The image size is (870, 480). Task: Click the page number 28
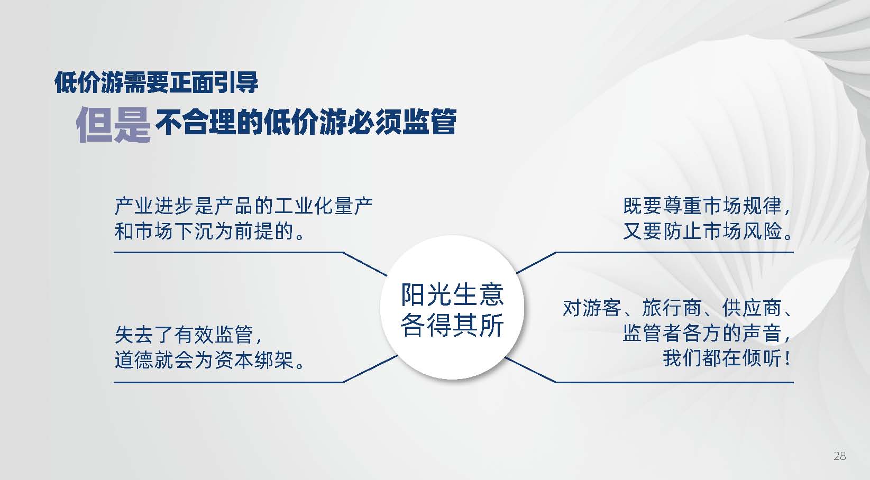[840, 456]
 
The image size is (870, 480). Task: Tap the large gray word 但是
[113, 125]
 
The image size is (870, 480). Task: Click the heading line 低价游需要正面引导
[157, 82]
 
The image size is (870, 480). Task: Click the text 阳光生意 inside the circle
[453, 294]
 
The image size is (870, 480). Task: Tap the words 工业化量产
[323, 206]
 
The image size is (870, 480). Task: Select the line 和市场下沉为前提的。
[210, 232]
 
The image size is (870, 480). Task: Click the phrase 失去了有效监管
[184, 335]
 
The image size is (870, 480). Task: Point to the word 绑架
[274, 361]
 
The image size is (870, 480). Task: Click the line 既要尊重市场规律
[702, 206]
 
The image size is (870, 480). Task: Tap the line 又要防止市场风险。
[708, 232]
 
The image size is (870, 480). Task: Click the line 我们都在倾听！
[726, 358]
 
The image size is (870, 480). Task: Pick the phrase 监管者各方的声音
[702, 333]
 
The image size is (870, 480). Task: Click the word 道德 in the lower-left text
[134, 361]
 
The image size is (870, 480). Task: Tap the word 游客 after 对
[602, 308]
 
